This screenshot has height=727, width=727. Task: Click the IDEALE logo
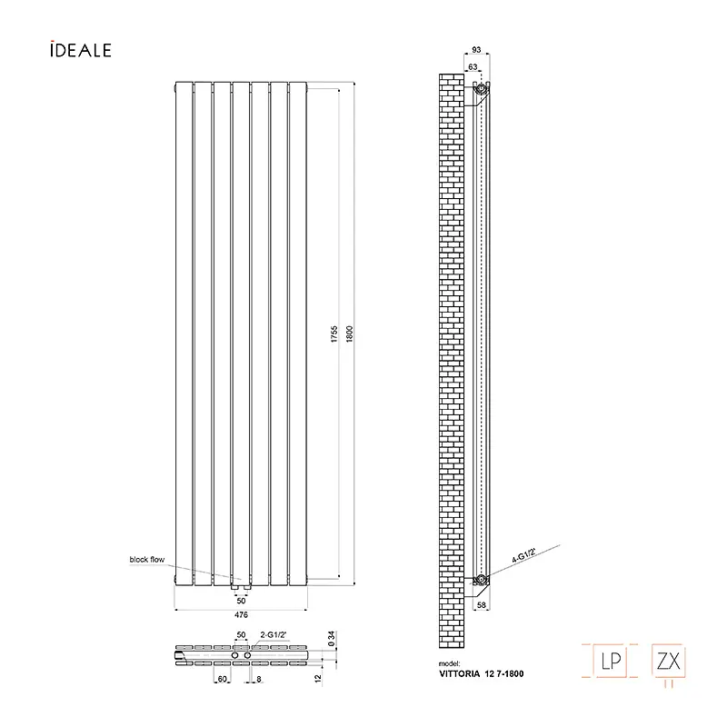click(81, 50)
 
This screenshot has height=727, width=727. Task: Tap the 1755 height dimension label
click(334, 334)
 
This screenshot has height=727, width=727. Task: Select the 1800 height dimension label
click(350, 334)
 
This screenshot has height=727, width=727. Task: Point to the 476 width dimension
click(241, 615)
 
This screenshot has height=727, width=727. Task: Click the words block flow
click(147, 559)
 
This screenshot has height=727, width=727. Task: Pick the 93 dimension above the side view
click(476, 50)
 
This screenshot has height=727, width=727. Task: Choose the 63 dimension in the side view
click(473, 66)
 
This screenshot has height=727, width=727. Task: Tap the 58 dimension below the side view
click(482, 604)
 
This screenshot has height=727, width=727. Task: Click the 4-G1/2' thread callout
click(524, 555)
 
